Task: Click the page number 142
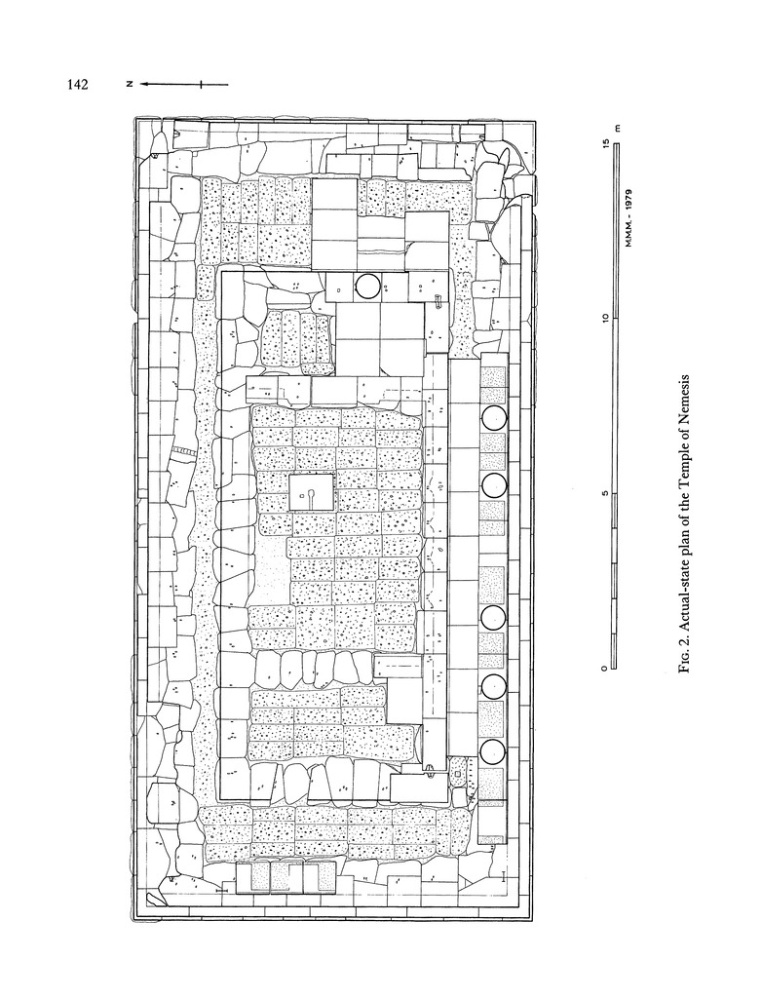(x=77, y=84)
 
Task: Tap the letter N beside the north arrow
(x=129, y=84)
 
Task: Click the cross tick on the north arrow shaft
(x=201, y=84)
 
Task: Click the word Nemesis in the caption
(x=684, y=404)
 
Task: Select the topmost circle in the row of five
(x=494, y=418)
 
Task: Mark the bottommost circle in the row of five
(x=493, y=752)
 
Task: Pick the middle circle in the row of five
(x=494, y=617)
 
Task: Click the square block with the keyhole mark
(x=311, y=492)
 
